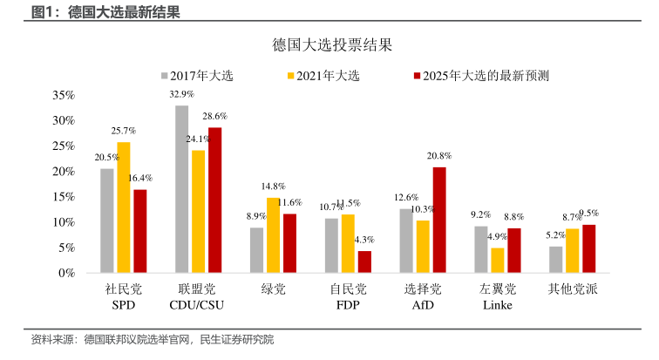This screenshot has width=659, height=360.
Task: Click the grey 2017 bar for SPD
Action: (106, 221)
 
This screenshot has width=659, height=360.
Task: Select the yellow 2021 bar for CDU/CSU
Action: (198, 212)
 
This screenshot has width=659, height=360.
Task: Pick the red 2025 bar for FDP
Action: (364, 262)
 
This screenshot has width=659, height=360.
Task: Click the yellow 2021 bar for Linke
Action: (498, 261)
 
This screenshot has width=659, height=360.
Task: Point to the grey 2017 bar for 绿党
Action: (256, 250)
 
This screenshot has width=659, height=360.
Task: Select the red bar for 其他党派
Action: (589, 248)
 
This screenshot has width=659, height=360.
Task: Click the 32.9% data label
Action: (181, 94)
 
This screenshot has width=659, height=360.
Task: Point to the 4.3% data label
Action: (364, 240)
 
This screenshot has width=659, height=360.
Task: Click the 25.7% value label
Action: (123, 131)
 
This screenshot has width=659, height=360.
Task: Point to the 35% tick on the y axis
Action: (64, 95)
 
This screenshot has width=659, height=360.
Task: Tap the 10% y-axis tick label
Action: (64, 222)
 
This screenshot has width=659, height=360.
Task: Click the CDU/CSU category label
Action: (198, 306)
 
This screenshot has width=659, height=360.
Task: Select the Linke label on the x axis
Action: (498, 306)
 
